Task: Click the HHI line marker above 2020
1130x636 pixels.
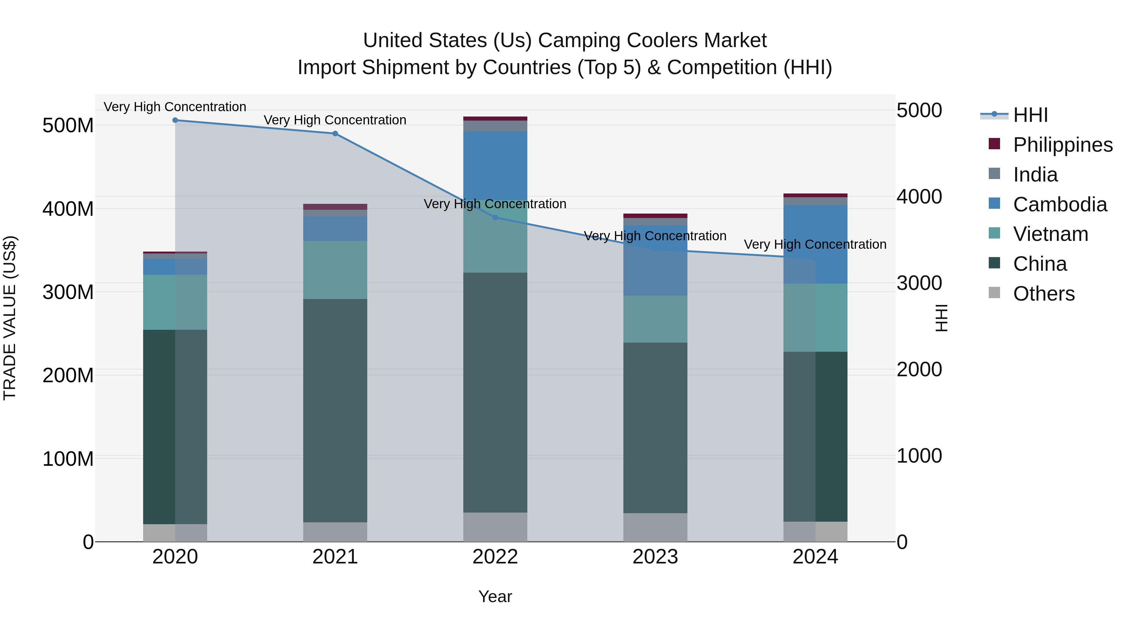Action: [x=175, y=120]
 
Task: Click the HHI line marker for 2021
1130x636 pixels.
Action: [x=335, y=133]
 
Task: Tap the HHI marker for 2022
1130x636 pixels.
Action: [x=495, y=217]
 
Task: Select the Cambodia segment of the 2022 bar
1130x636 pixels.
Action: [x=495, y=166]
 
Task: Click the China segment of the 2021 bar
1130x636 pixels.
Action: [x=335, y=410]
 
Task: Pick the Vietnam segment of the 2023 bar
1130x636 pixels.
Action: [x=655, y=319]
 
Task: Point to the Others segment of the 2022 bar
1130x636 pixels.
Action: [x=495, y=527]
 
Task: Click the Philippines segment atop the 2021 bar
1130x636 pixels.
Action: [x=335, y=207]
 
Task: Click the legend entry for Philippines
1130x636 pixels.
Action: [x=1062, y=145]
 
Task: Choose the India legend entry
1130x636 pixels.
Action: [x=1035, y=175]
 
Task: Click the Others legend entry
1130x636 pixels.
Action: [x=1044, y=294]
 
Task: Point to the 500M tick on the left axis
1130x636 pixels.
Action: [x=68, y=126]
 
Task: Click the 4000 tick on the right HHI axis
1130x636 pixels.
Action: [x=919, y=197]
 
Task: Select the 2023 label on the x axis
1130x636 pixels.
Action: [x=655, y=557]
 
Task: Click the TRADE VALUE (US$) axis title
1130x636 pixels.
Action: [x=10, y=318]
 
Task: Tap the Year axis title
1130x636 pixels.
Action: [x=495, y=596]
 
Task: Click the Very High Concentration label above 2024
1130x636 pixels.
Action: [x=815, y=244]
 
